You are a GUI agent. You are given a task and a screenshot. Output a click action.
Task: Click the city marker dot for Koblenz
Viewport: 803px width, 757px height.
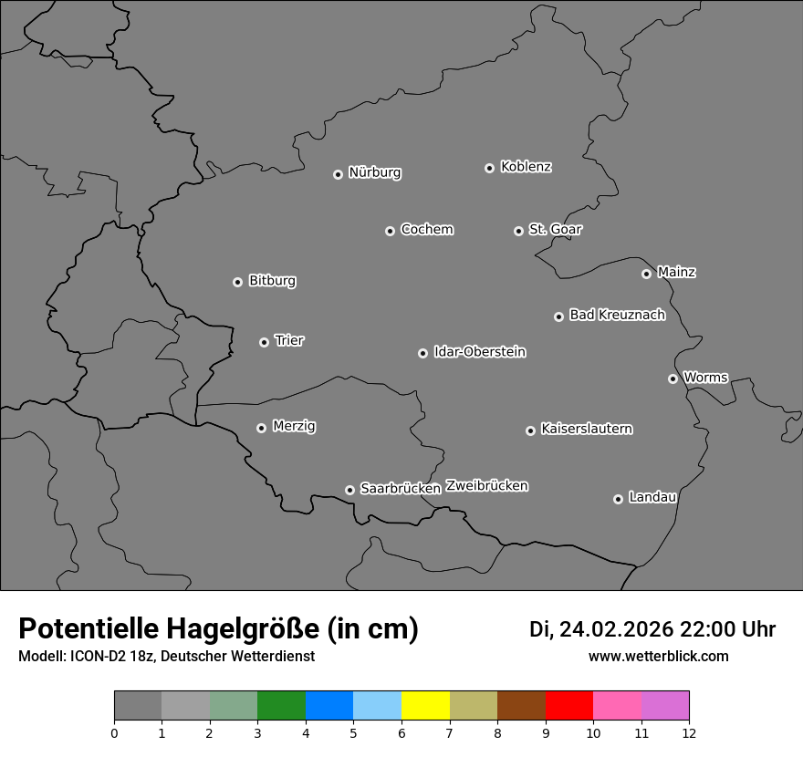[x=489, y=168]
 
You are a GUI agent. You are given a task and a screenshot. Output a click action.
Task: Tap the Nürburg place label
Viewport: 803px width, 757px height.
[x=375, y=172]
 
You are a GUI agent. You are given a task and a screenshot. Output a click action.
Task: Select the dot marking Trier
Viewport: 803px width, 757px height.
[x=265, y=342]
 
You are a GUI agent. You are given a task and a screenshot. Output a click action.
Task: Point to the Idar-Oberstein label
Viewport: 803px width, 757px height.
[x=480, y=352]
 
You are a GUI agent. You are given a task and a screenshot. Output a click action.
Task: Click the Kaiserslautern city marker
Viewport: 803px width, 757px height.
[x=530, y=430]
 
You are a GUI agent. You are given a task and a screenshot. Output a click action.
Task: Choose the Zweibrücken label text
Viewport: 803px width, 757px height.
[x=486, y=486]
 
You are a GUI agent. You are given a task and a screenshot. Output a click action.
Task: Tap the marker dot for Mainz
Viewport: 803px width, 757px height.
[x=646, y=274]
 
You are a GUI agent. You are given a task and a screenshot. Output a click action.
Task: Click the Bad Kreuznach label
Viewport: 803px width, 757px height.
[x=617, y=316]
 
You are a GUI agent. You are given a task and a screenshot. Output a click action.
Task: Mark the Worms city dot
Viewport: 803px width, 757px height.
[x=673, y=378]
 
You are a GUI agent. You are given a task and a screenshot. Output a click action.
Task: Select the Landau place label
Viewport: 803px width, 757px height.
[x=652, y=497]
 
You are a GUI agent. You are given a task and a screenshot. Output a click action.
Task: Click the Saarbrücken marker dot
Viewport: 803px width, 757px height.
[x=349, y=490]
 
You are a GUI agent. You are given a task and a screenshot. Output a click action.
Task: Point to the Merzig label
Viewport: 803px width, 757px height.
[x=294, y=426]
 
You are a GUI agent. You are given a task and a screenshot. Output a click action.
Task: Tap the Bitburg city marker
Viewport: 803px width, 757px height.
[x=237, y=282]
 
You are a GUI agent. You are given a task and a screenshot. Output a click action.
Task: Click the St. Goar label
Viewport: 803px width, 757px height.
[x=555, y=230]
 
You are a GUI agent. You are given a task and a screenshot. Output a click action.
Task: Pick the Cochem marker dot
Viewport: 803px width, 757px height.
[x=390, y=231]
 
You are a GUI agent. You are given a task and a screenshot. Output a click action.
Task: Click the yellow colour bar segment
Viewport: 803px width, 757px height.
[x=425, y=706]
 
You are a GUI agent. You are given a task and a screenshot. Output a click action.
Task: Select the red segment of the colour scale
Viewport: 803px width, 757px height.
[x=568, y=706]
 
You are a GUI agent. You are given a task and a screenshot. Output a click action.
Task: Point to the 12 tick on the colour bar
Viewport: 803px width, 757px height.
[x=688, y=732]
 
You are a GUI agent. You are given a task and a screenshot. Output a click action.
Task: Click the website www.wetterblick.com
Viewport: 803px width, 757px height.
[x=658, y=657]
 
